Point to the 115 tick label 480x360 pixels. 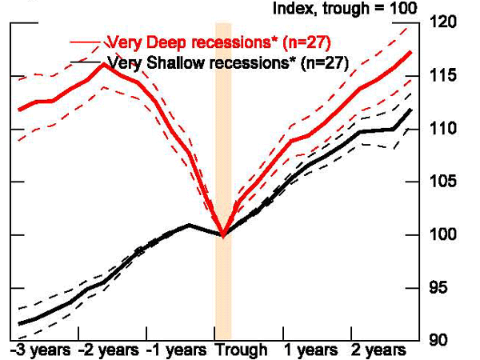click(446, 75)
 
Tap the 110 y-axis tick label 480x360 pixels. click(446, 128)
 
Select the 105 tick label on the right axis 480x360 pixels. click(446, 182)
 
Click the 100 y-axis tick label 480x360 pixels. click(446, 234)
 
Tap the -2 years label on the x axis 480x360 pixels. click(108, 350)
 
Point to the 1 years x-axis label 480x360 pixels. click(310, 350)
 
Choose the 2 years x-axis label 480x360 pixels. click(377, 350)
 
